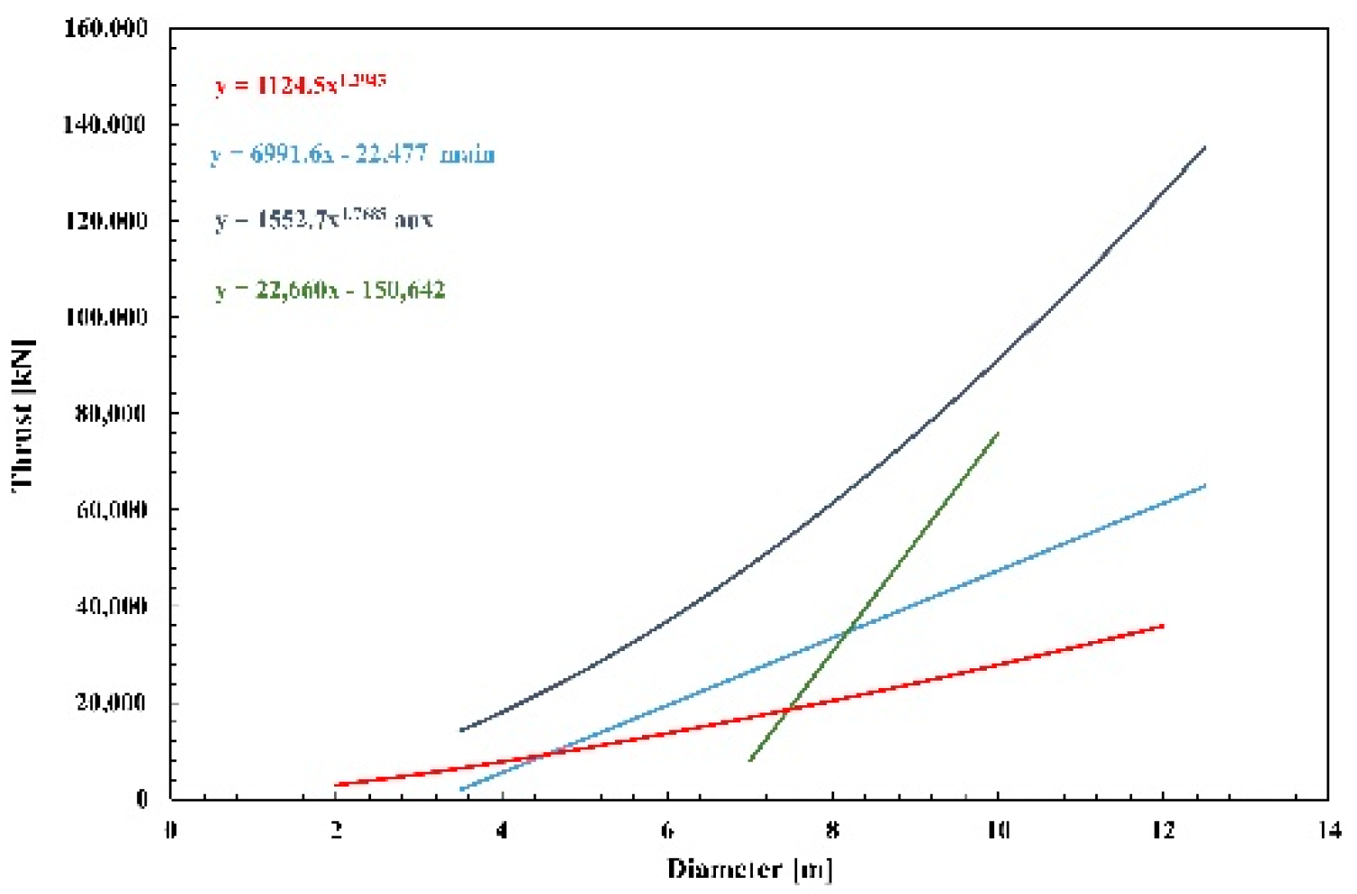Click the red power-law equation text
coord(300,84)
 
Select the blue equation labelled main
coord(352,154)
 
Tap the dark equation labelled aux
coord(323,219)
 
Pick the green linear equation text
coord(330,290)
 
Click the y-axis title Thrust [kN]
coord(23,415)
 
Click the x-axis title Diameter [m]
coord(749,869)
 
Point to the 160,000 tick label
coord(106,28)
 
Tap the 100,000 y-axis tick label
coord(106,317)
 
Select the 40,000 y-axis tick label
coord(110,606)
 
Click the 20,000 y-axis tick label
coord(110,703)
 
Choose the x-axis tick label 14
coord(1328,830)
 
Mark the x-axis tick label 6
coord(667,830)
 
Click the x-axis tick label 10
coord(997,830)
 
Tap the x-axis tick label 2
coord(337,830)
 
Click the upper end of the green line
coord(998,433)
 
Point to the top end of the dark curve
coord(1204,147)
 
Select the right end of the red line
coord(1163,625)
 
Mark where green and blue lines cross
coord(846,633)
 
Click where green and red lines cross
coord(788,710)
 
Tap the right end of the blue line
coord(1204,486)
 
